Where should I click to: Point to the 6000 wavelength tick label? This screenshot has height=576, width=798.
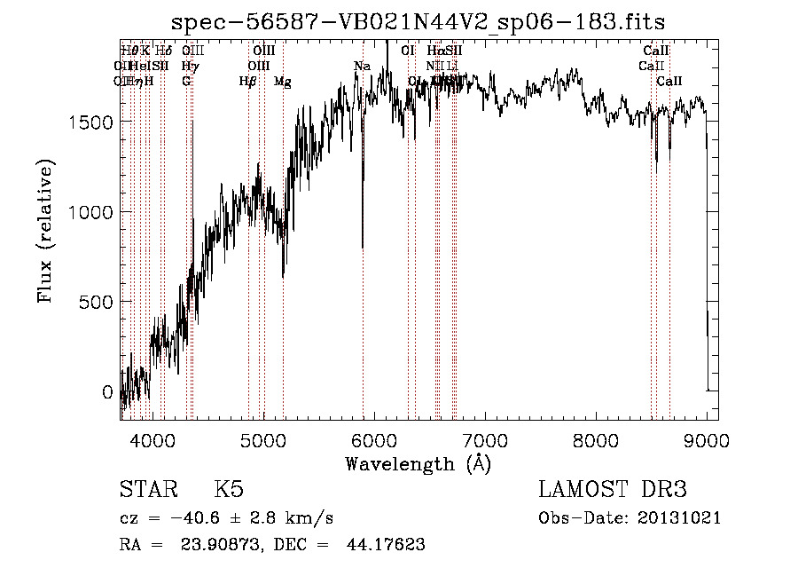tap(373, 440)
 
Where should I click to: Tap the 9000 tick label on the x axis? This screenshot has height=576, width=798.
tap(707, 440)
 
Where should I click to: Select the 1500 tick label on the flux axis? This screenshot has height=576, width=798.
tap(91, 122)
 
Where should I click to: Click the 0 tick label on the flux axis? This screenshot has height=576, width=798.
tap(108, 391)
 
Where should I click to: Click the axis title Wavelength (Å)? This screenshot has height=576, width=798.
tap(419, 463)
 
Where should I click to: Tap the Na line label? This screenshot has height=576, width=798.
tap(362, 67)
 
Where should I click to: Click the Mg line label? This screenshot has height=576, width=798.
tap(282, 82)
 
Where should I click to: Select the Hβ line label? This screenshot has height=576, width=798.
tap(247, 82)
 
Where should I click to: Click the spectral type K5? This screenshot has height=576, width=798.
tap(229, 490)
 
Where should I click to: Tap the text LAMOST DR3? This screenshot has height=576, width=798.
tap(612, 490)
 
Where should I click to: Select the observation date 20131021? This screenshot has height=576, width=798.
tap(682, 518)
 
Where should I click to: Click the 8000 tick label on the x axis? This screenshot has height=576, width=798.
tap(596, 440)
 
